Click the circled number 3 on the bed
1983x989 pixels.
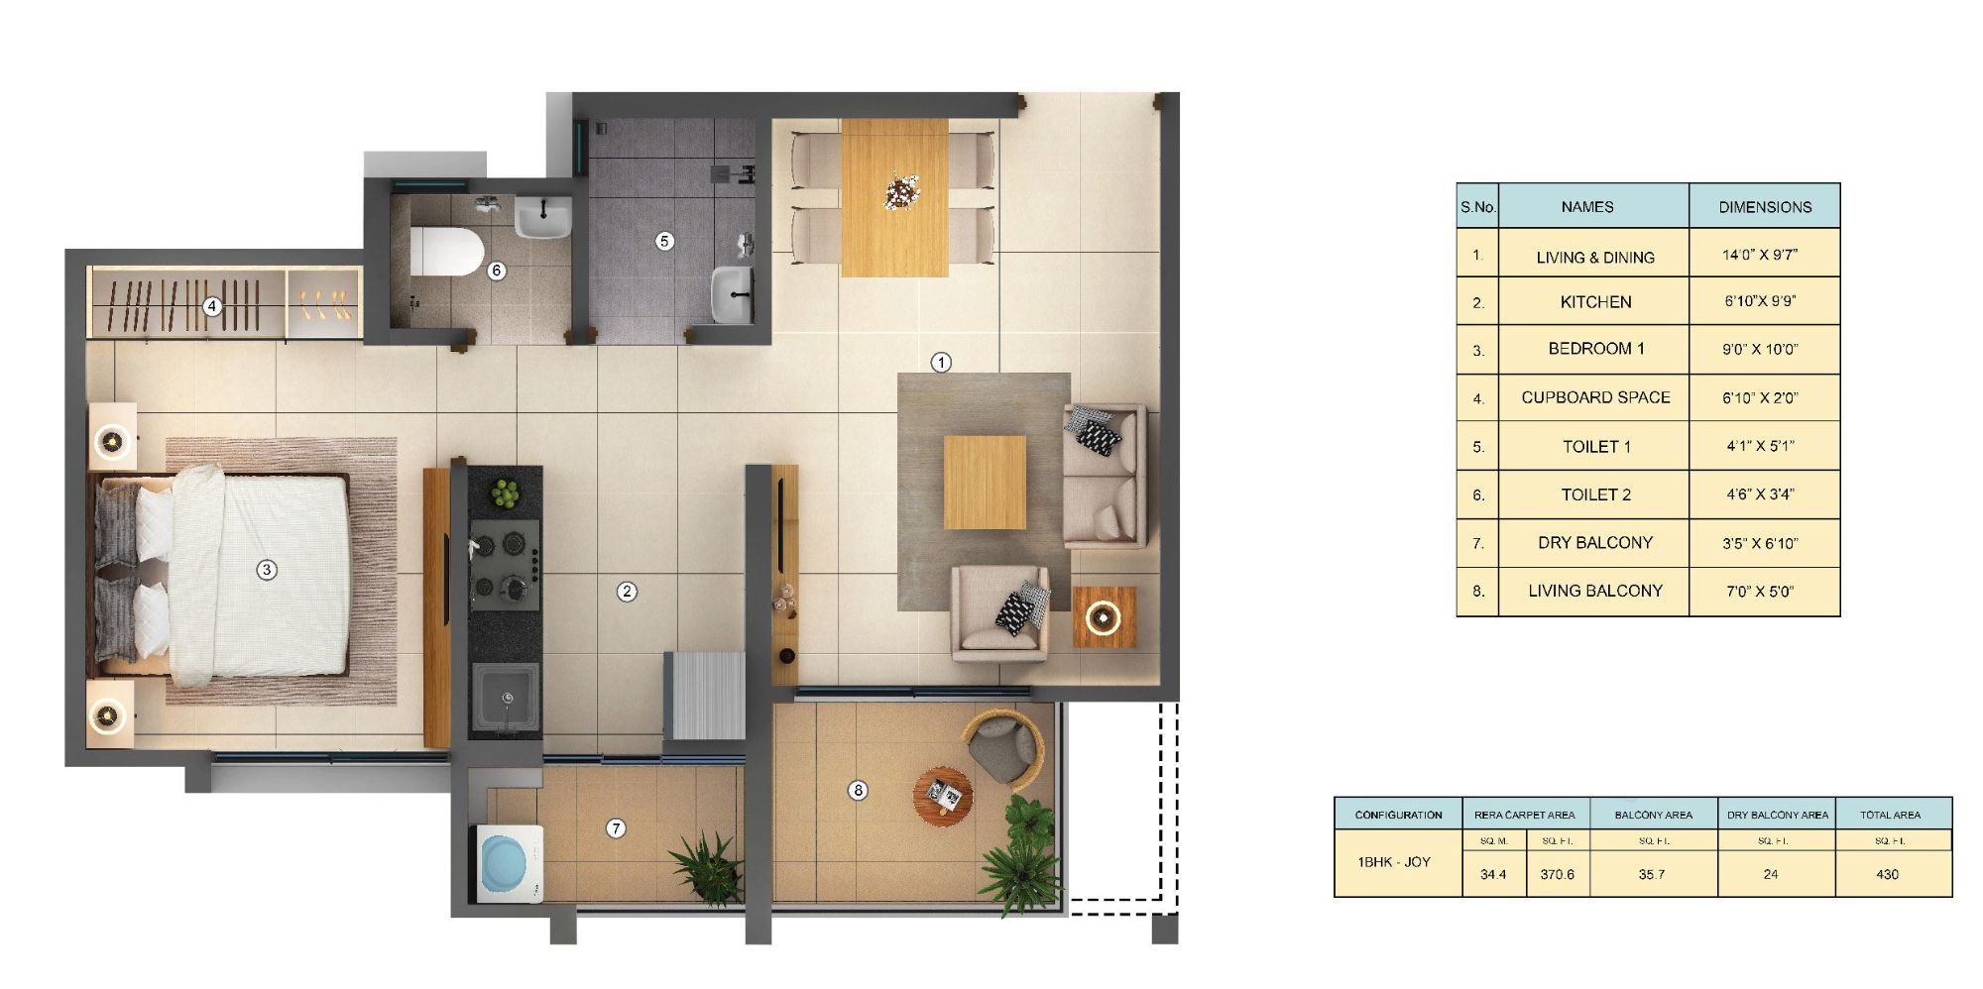pos(266,570)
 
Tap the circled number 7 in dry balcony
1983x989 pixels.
pos(616,828)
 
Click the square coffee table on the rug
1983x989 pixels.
pos(984,483)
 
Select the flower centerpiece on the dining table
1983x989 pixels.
pos(901,191)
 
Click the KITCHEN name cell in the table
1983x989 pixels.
pos(1594,302)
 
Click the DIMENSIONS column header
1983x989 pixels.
pos(1764,207)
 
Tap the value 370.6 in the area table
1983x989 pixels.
pos(1557,874)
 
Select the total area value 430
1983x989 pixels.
pos(1887,874)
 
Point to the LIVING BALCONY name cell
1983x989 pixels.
pos(1594,591)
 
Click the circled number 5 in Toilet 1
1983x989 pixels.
pos(664,241)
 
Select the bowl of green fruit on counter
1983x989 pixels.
pos(506,493)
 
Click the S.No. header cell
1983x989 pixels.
pos(1477,207)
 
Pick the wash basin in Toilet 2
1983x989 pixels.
pos(542,217)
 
